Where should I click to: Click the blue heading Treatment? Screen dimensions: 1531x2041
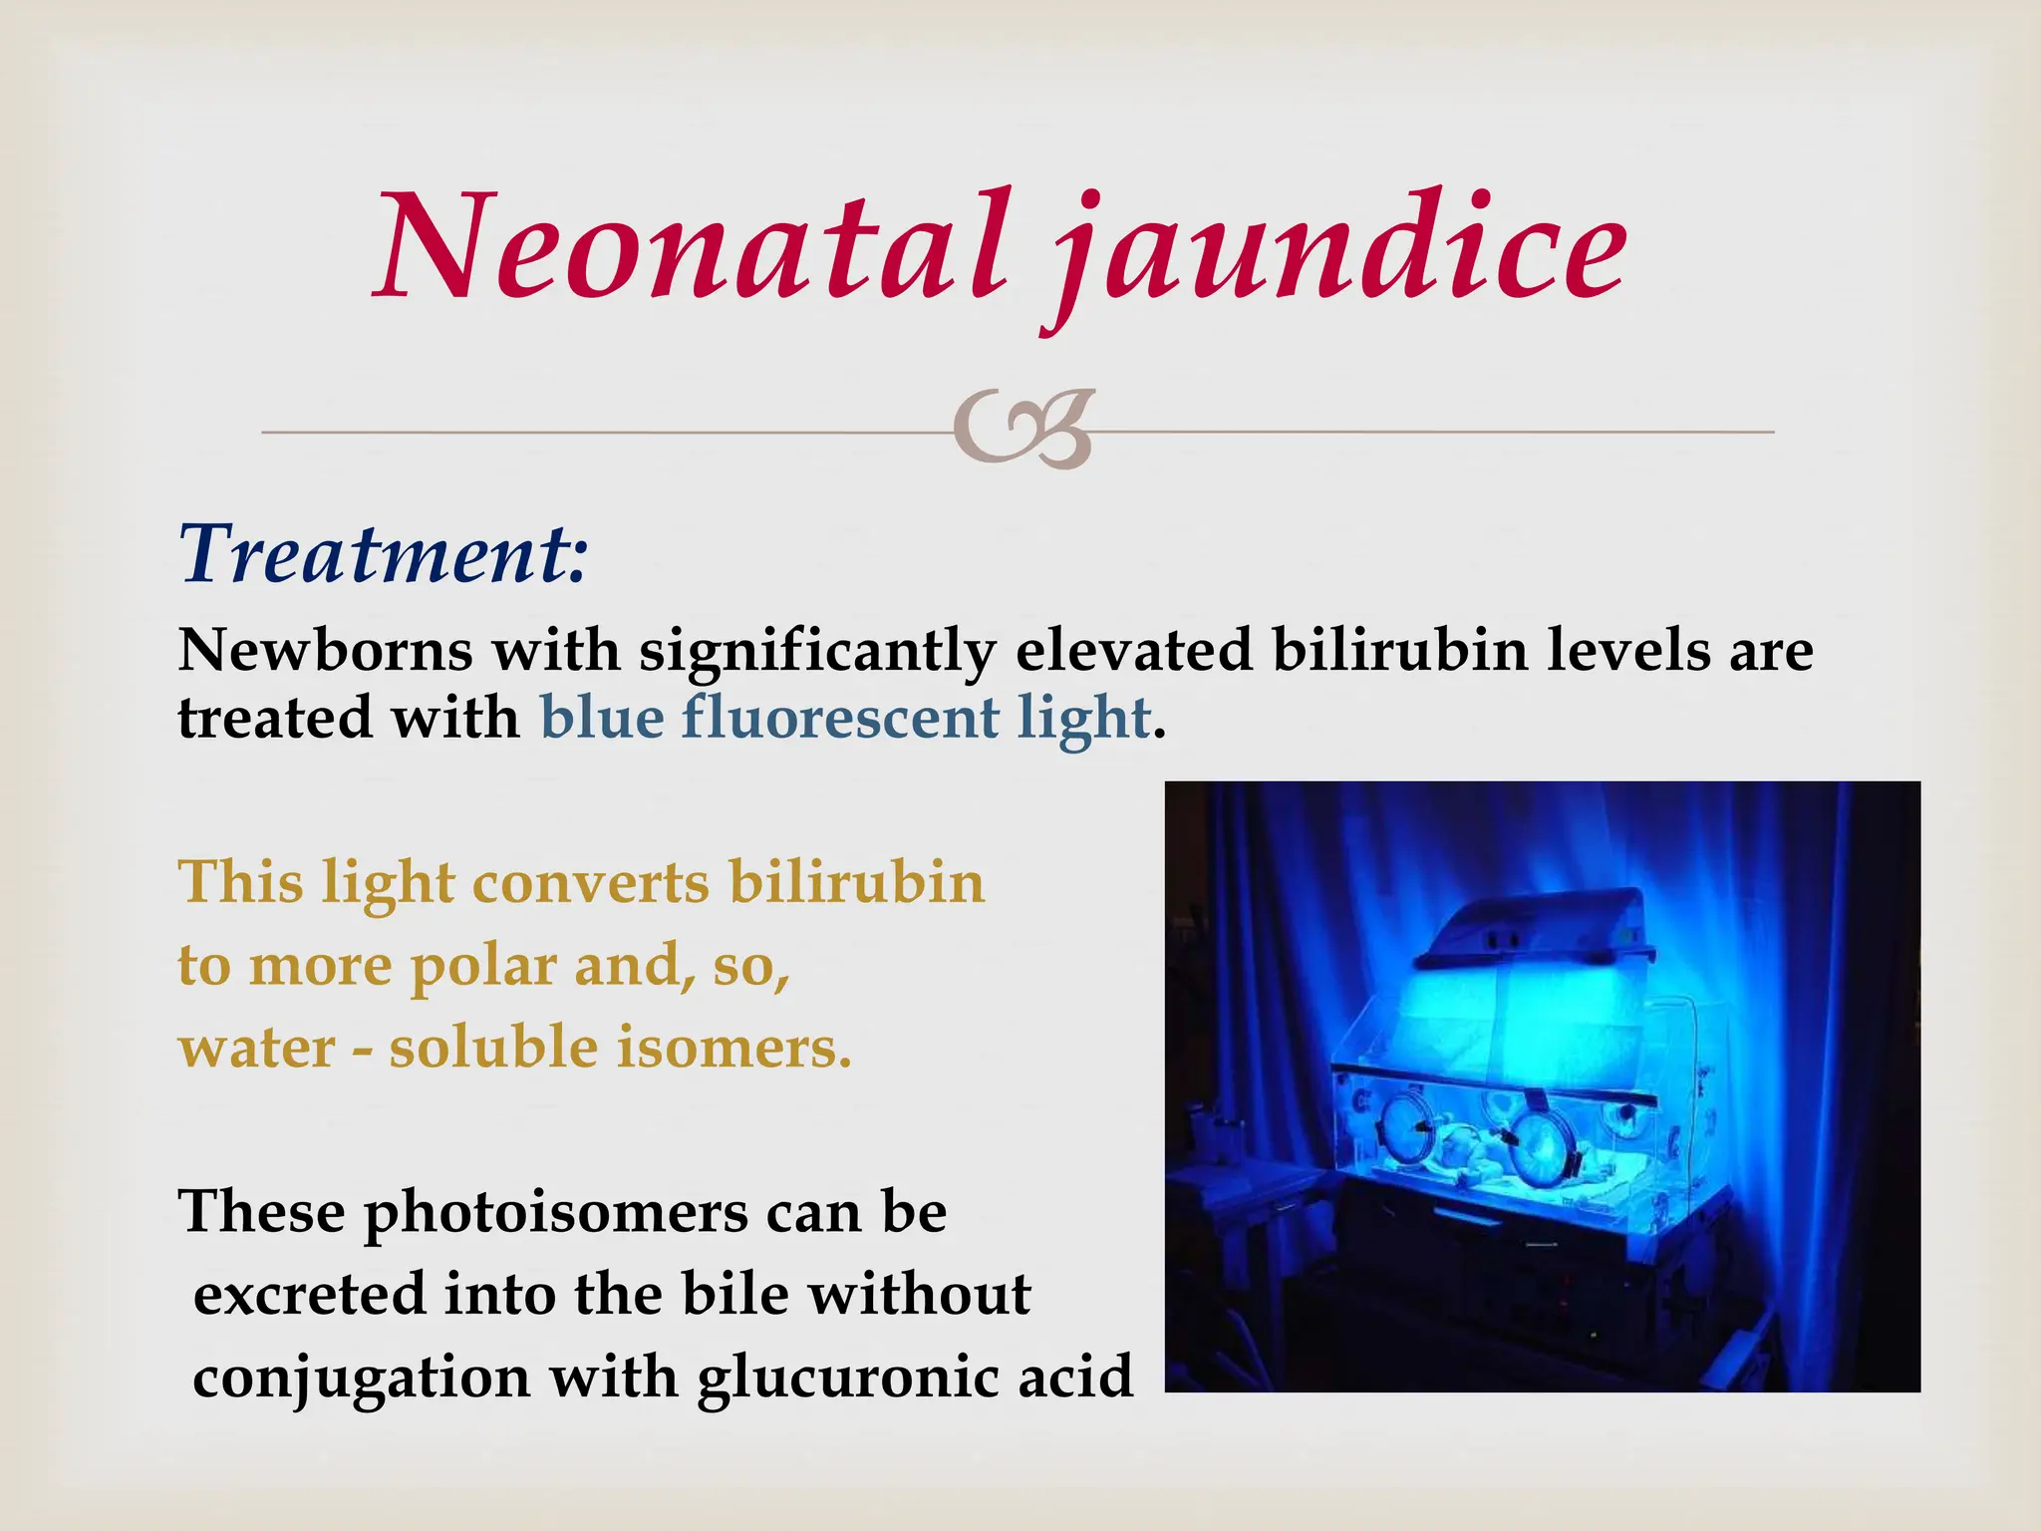tap(384, 553)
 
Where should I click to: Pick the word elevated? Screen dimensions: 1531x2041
tap(1133, 650)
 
